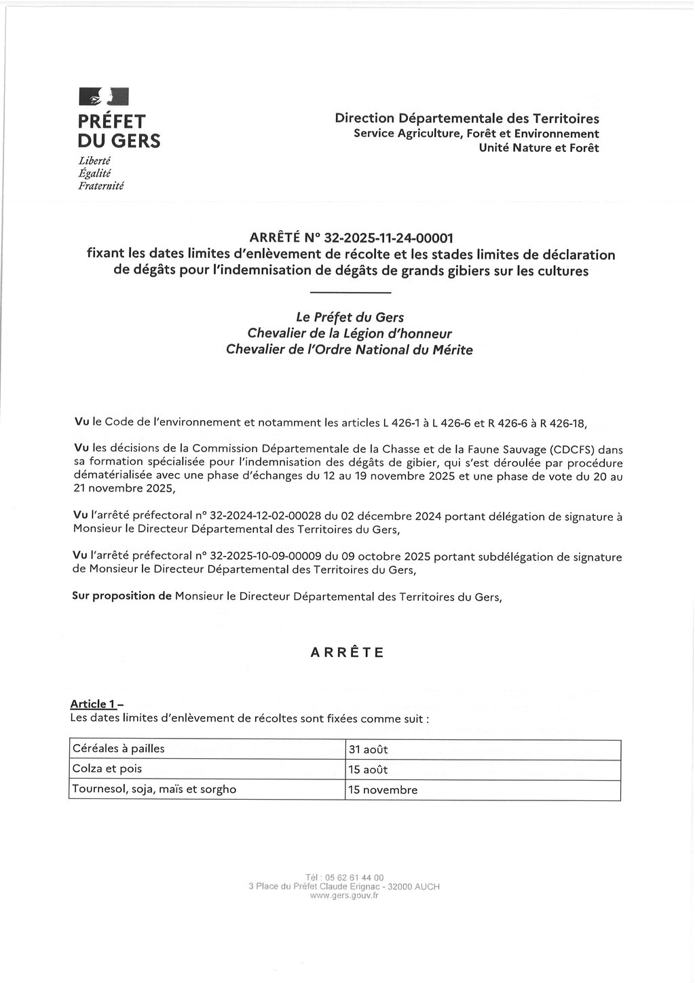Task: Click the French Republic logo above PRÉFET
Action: click(104, 96)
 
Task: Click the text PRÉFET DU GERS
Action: click(119, 131)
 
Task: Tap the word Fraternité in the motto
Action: click(101, 185)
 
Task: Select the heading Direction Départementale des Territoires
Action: click(467, 118)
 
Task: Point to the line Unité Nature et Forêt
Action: click(539, 147)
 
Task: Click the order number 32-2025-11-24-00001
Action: click(388, 238)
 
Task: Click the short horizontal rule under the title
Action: click(350, 293)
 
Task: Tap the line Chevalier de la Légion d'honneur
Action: click(350, 333)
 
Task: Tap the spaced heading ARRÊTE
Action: click(347, 652)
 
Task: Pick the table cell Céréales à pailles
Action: click(119, 749)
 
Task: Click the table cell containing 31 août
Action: click(368, 750)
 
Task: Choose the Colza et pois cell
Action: click(107, 769)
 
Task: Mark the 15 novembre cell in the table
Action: click(383, 790)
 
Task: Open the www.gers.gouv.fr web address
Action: click(344, 895)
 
